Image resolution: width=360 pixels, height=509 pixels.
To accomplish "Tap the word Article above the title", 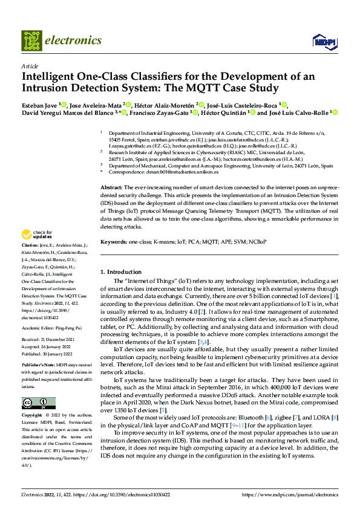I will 30,66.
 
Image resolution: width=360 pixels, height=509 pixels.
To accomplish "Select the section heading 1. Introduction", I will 120,272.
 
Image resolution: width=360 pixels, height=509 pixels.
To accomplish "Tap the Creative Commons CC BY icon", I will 35,403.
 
